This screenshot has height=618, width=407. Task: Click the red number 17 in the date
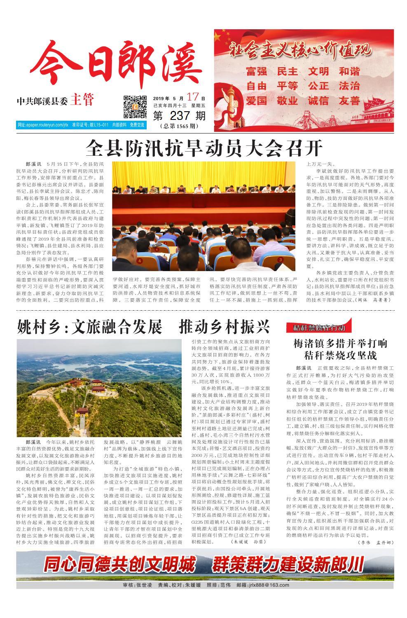[x=192, y=98]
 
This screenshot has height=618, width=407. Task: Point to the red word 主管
[x=82, y=100]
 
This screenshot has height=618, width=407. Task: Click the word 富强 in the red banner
[x=256, y=71]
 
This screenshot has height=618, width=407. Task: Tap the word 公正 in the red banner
[x=318, y=86]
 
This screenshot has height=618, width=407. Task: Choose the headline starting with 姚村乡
[x=143, y=327]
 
